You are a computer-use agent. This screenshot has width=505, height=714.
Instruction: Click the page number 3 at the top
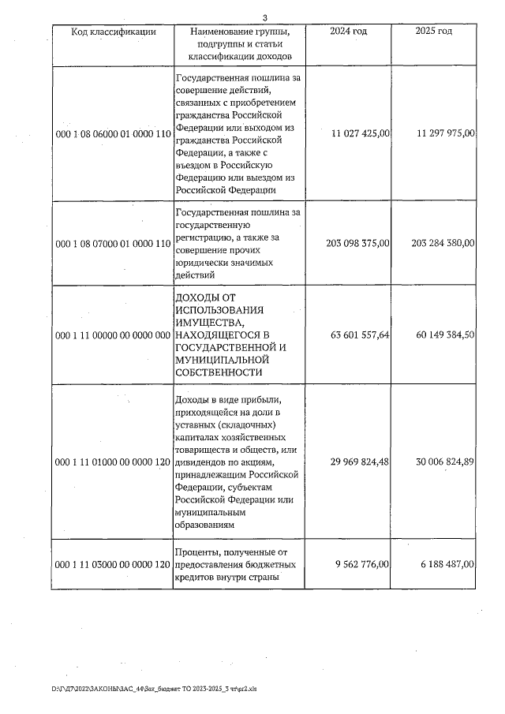tap(265, 18)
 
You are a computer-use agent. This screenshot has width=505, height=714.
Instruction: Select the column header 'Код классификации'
tap(113, 32)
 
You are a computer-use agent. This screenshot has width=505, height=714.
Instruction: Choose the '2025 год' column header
tap(433, 32)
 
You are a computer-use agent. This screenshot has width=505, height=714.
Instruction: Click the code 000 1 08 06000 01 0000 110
tap(113, 134)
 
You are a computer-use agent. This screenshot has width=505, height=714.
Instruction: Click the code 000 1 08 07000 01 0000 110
tap(113, 244)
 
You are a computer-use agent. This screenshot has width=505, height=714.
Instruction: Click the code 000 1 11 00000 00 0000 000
tap(113, 335)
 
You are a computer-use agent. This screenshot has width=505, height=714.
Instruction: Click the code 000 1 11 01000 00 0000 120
tap(113, 462)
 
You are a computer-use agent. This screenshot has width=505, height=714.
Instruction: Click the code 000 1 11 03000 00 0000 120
tap(113, 565)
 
